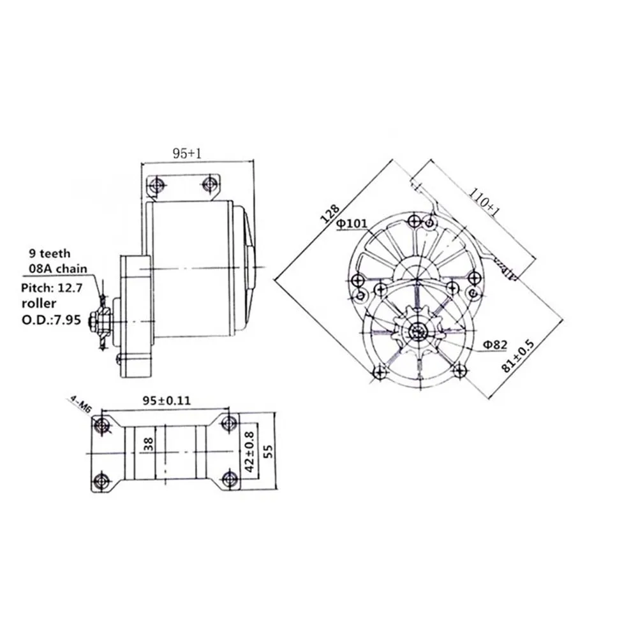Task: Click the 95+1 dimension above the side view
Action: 187,153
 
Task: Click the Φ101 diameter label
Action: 352,224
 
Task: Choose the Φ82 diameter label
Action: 494,345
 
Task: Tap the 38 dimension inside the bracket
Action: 149,443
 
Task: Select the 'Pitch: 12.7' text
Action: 51,287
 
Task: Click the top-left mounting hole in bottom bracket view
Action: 100,424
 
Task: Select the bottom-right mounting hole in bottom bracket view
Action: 231,480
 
